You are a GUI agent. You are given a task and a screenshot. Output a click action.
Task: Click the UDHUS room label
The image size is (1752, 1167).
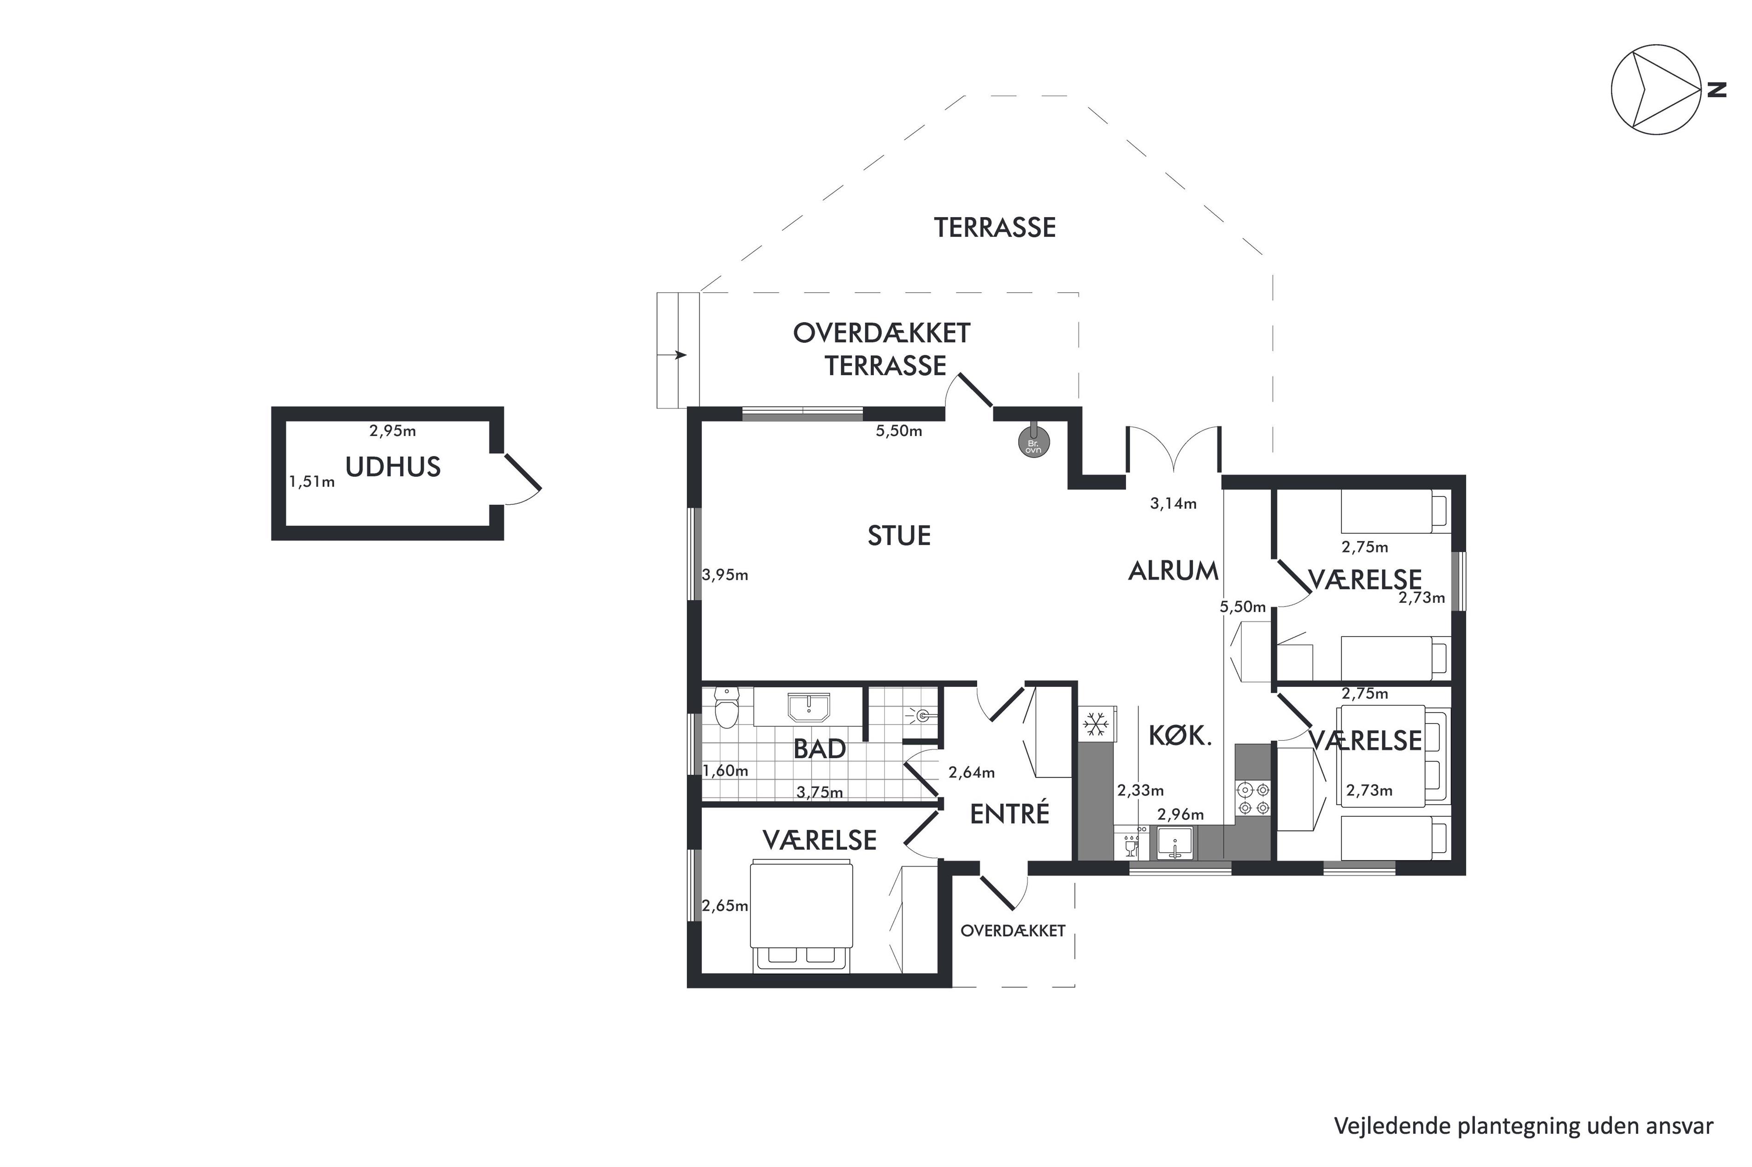click(393, 466)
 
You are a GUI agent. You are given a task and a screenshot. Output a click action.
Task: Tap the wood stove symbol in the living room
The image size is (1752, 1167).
click(1033, 442)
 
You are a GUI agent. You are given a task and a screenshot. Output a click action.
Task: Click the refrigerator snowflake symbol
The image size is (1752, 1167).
click(1095, 724)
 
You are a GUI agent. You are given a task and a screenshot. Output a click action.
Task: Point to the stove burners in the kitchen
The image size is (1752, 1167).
click(1253, 798)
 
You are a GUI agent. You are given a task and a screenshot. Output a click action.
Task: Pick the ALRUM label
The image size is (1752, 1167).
click(1174, 571)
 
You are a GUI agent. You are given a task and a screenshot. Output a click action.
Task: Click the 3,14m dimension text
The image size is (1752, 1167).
click(1173, 504)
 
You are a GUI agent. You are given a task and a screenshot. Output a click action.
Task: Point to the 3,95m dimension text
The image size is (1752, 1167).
click(725, 575)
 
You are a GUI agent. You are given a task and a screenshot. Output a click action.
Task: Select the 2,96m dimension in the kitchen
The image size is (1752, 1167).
click(1180, 814)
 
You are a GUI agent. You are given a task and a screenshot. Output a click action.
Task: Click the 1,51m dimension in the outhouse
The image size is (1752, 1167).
click(312, 482)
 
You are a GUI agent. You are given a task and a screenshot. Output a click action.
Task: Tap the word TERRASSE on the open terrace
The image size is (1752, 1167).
click(995, 228)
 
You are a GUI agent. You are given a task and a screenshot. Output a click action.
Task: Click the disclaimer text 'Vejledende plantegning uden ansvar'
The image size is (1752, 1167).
click(1523, 1126)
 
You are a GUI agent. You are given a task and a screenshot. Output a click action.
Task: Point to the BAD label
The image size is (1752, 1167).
click(820, 749)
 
